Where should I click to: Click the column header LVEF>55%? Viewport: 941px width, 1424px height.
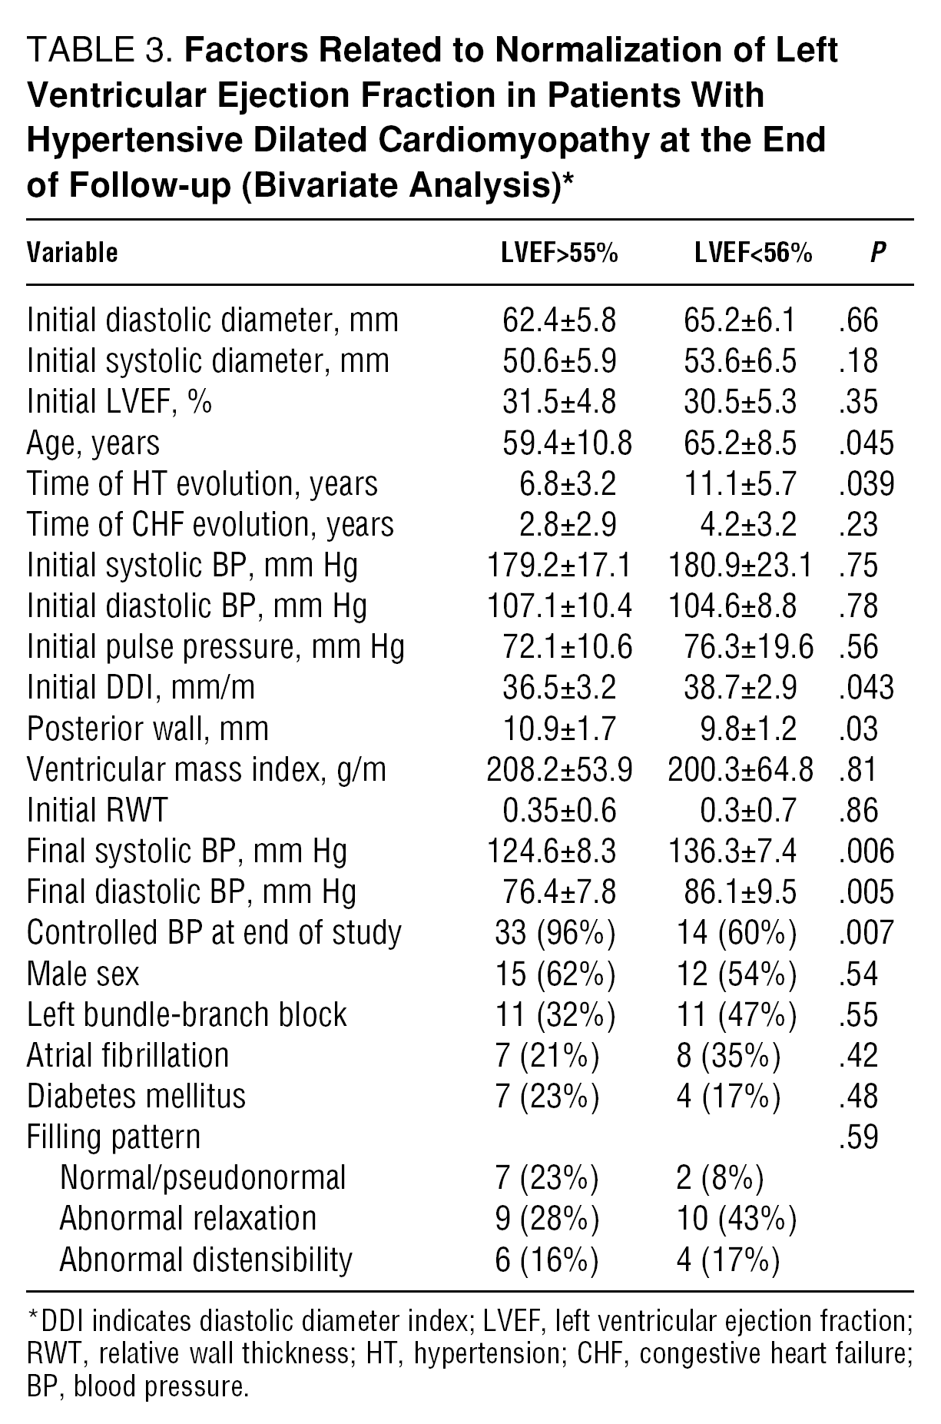click(x=559, y=253)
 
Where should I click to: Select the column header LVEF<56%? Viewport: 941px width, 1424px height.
click(x=753, y=253)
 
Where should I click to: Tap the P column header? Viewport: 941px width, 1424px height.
click(x=878, y=253)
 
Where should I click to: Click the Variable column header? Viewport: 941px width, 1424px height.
click(x=72, y=253)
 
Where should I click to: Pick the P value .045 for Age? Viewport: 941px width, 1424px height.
click(x=866, y=443)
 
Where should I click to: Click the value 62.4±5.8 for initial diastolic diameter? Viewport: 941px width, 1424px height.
click(x=559, y=320)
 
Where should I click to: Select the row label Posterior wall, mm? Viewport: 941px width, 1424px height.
click(x=147, y=729)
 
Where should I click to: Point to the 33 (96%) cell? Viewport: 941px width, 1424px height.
click(x=555, y=933)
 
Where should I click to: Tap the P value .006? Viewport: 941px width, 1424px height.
click(x=866, y=851)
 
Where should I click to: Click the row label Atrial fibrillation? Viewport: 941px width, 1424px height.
click(x=128, y=1055)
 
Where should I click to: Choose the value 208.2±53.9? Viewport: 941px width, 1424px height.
click(x=559, y=769)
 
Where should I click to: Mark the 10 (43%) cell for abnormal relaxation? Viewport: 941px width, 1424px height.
click(x=736, y=1218)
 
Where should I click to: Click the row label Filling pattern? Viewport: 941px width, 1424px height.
click(x=113, y=1137)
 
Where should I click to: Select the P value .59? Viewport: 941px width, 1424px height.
click(x=859, y=1137)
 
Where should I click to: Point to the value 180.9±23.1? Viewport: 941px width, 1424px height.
click(x=741, y=566)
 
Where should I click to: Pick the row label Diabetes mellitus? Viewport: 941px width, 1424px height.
click(x=136, y=1096)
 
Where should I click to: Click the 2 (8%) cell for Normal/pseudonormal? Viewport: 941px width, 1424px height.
click(x=720, y=1177)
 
